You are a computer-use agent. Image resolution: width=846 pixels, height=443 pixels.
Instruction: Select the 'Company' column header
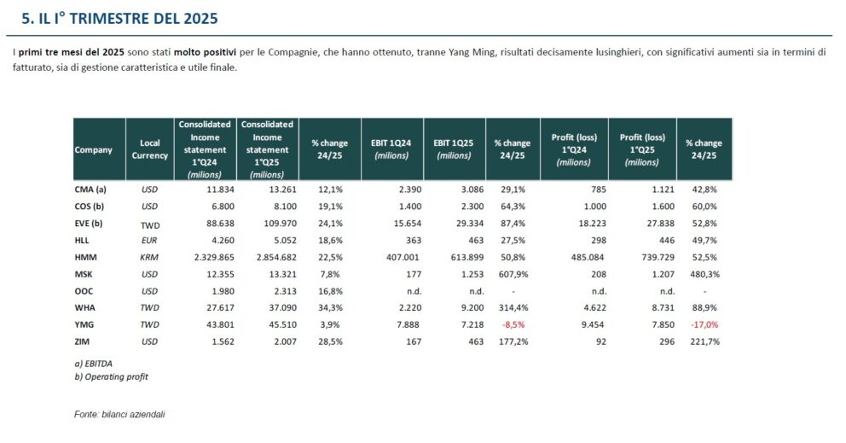[94, 150]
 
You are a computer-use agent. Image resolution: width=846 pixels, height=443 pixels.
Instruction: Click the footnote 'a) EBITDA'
[94, 364]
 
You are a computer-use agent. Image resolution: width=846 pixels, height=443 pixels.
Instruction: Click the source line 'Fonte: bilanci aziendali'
[119, 414]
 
